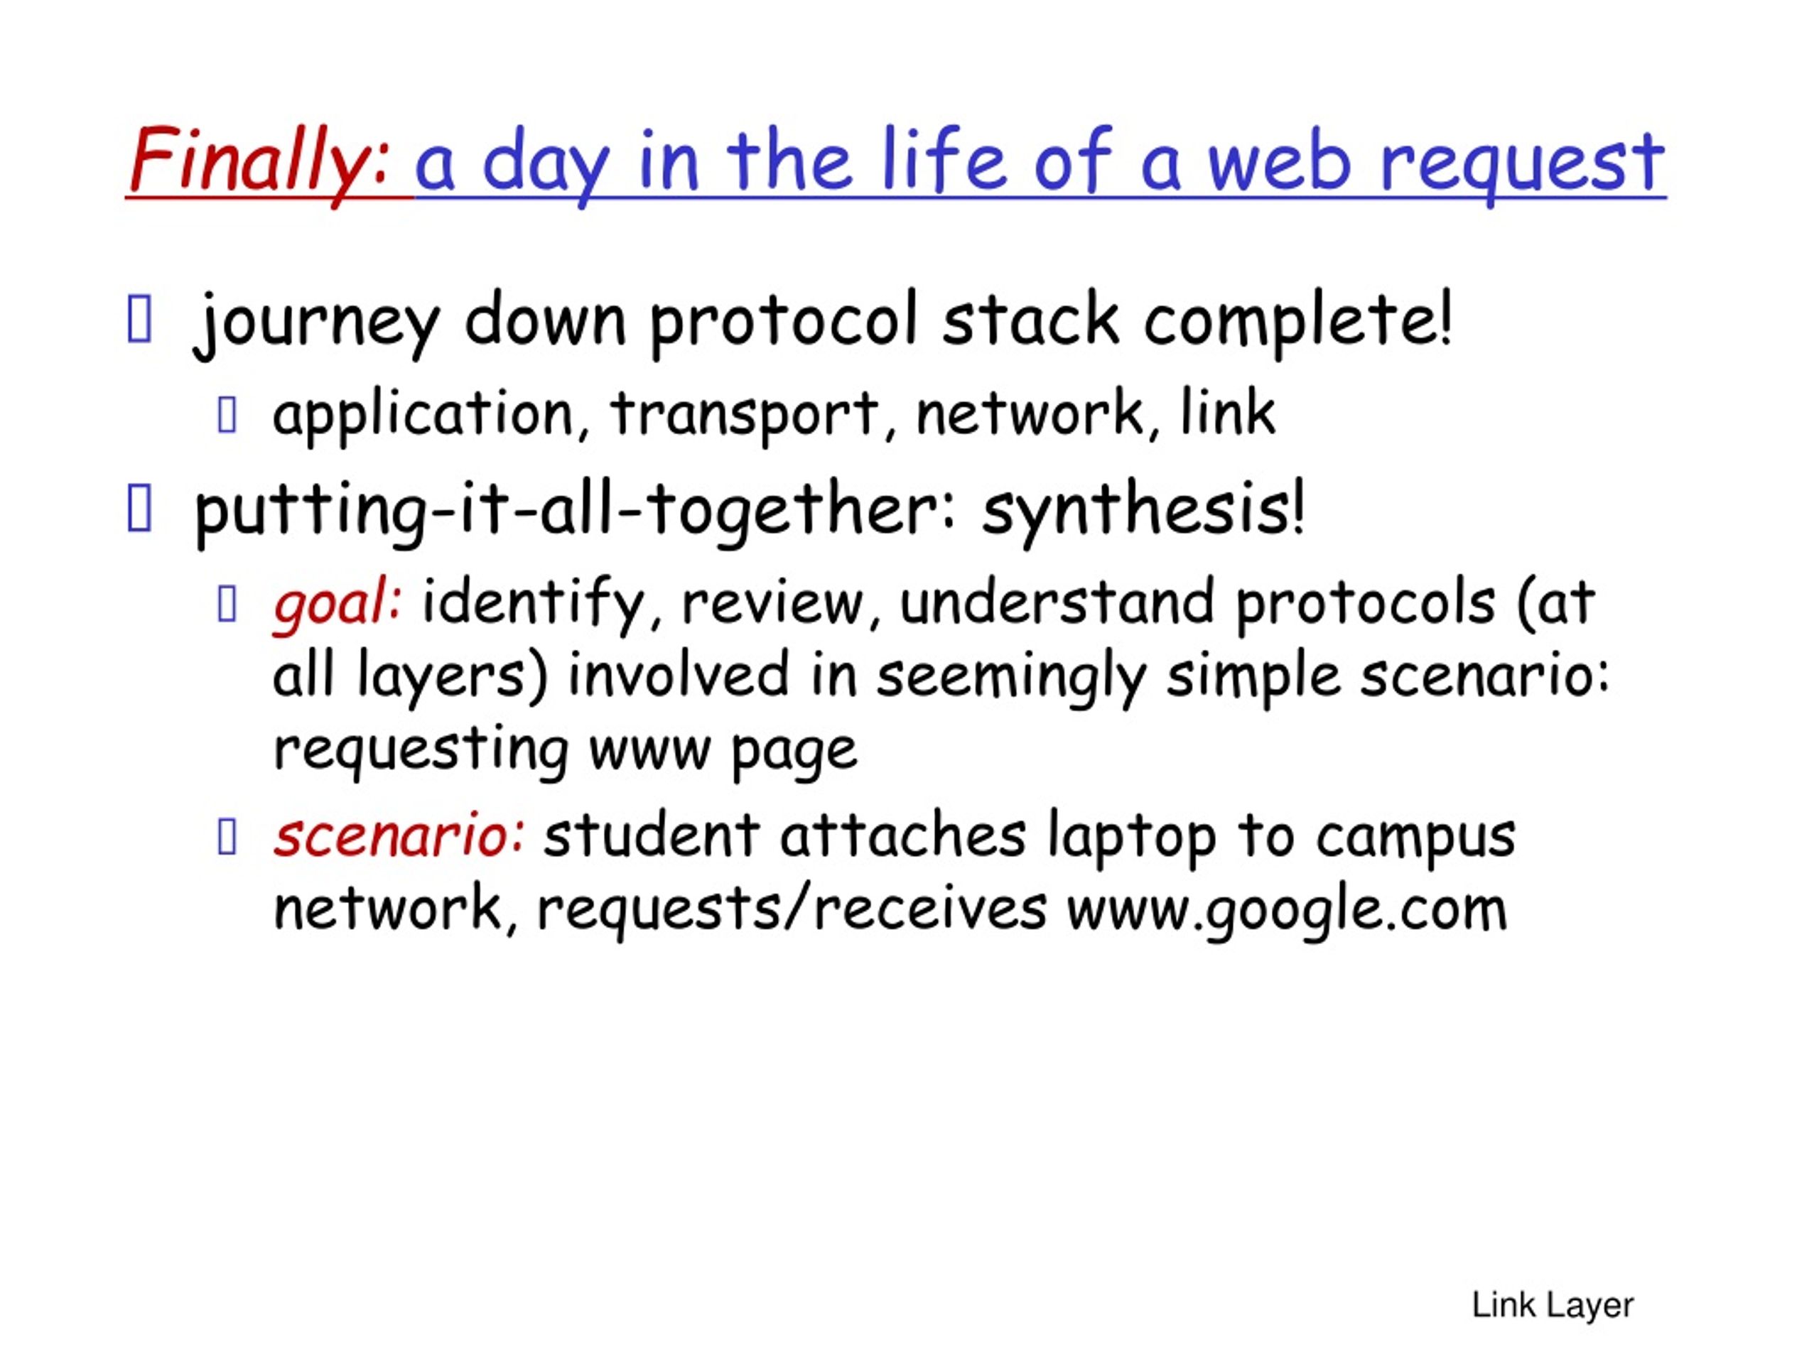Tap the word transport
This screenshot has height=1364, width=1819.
(744, 416)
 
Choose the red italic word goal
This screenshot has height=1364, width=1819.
(336, 605)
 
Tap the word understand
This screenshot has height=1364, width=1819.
(1056, 602)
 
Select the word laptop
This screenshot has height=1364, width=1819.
(1130, 838)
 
